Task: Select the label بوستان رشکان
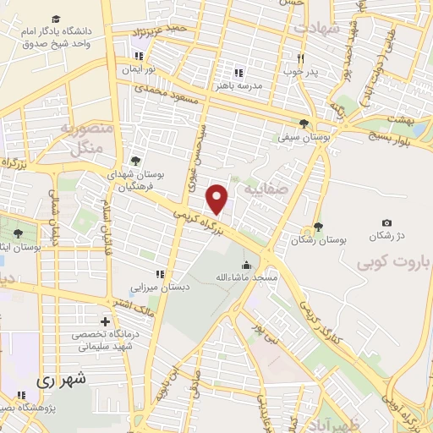pos(318,240)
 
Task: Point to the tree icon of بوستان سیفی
pos(304,123)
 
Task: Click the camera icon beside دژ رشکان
pos(386,222)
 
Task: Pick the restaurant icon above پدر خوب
pos(300,58)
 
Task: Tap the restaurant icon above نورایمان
pos(138,57)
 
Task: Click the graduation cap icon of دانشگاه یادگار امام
pos(56,19)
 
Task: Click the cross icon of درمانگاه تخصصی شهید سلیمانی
pos(104,321)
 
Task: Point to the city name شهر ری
pos(61,380)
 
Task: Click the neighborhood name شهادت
pos(316,29)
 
